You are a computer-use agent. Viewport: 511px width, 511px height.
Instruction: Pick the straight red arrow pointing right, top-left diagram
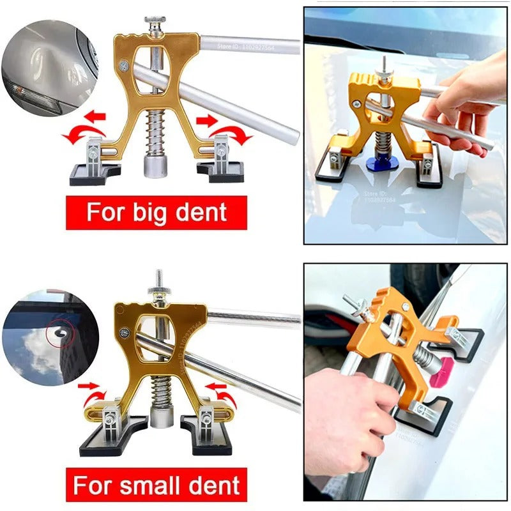[205, 119]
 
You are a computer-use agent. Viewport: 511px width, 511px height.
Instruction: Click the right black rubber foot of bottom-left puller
[206, 438]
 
